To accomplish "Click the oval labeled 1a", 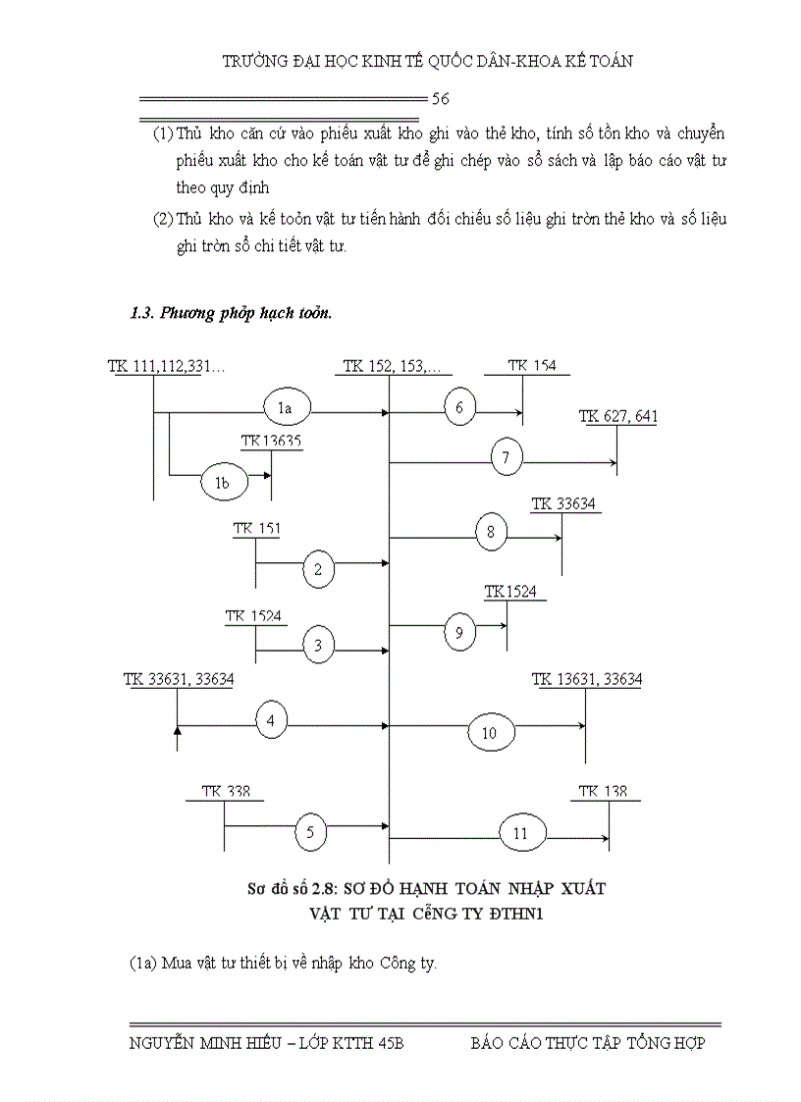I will pos(286,404).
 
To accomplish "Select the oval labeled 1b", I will pos(222,481).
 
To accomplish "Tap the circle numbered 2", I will pos(318,569).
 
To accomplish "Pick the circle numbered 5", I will pos(310,833).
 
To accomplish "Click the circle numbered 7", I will pos(506,457).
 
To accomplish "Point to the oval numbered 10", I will pos(490,732).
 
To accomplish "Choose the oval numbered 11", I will pos(520,833).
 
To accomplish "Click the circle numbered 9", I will pos(458,631).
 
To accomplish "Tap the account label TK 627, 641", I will pos(618,417).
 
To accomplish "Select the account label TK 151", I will pos(257,530).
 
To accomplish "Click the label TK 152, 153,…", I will pos(391,367).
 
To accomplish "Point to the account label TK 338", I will pos(225,792).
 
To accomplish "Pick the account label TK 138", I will pos(603,792).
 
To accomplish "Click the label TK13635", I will pos(271,442).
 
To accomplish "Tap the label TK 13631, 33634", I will pos(587,679).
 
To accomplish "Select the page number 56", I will pos(441,99).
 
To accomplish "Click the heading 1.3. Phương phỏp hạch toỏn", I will pos(231,314).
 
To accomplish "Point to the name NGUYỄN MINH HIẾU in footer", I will pos(191,1043).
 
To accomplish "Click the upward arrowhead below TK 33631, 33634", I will pos(177,731).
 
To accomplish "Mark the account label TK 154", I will pos(531,366).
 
